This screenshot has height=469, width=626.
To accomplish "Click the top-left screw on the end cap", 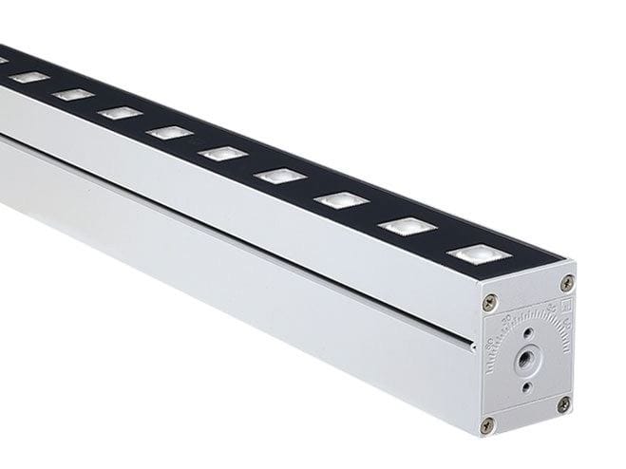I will tap(490, 302).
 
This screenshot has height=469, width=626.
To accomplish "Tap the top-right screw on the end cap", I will tap(567, 283).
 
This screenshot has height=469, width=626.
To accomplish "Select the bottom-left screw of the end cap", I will tap(488, 423).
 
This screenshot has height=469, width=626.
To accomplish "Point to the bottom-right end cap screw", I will tap(563, 403).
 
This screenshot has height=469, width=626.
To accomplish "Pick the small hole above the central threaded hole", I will tap(526, 333).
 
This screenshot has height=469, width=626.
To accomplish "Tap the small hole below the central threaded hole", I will tap(525, 387).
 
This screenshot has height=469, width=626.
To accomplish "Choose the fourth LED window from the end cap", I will tap(279, 176).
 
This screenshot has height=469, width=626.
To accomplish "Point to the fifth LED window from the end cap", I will tap(222, 153).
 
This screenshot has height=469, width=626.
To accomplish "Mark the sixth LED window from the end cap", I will tap(169, 132).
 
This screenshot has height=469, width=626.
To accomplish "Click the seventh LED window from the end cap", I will tap(120, 112).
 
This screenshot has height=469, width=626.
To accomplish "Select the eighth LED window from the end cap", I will tap(73, 94).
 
